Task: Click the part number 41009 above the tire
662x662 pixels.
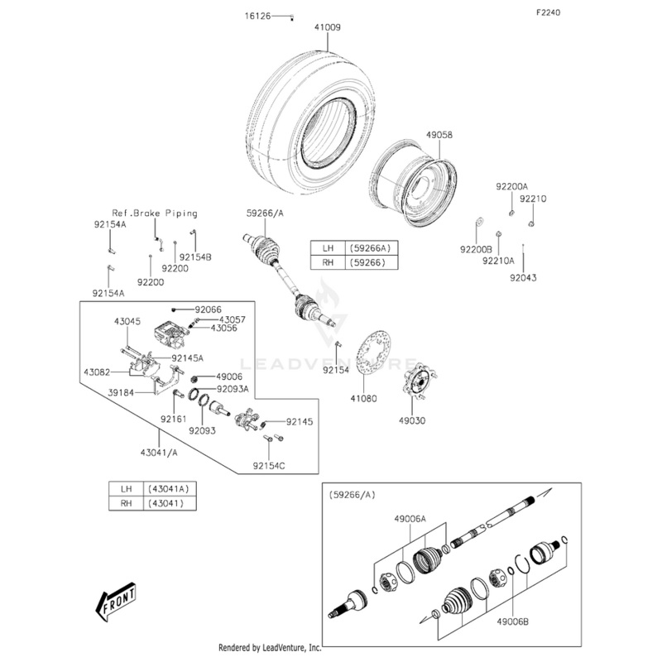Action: coord(327,27)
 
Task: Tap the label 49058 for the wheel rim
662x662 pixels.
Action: coord(439,134)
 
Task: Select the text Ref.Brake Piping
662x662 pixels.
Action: coord(155,213)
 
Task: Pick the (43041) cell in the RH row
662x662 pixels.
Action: coord(172,503)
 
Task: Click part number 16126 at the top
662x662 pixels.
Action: coord(257,17)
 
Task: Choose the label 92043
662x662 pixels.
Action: coord(523,278)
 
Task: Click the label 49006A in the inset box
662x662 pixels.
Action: coord(410,519)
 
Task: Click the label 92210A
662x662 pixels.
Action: coord(498,260)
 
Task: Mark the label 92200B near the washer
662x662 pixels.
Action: coord(476,248)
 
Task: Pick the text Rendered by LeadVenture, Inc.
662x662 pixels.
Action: coord(270,648)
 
